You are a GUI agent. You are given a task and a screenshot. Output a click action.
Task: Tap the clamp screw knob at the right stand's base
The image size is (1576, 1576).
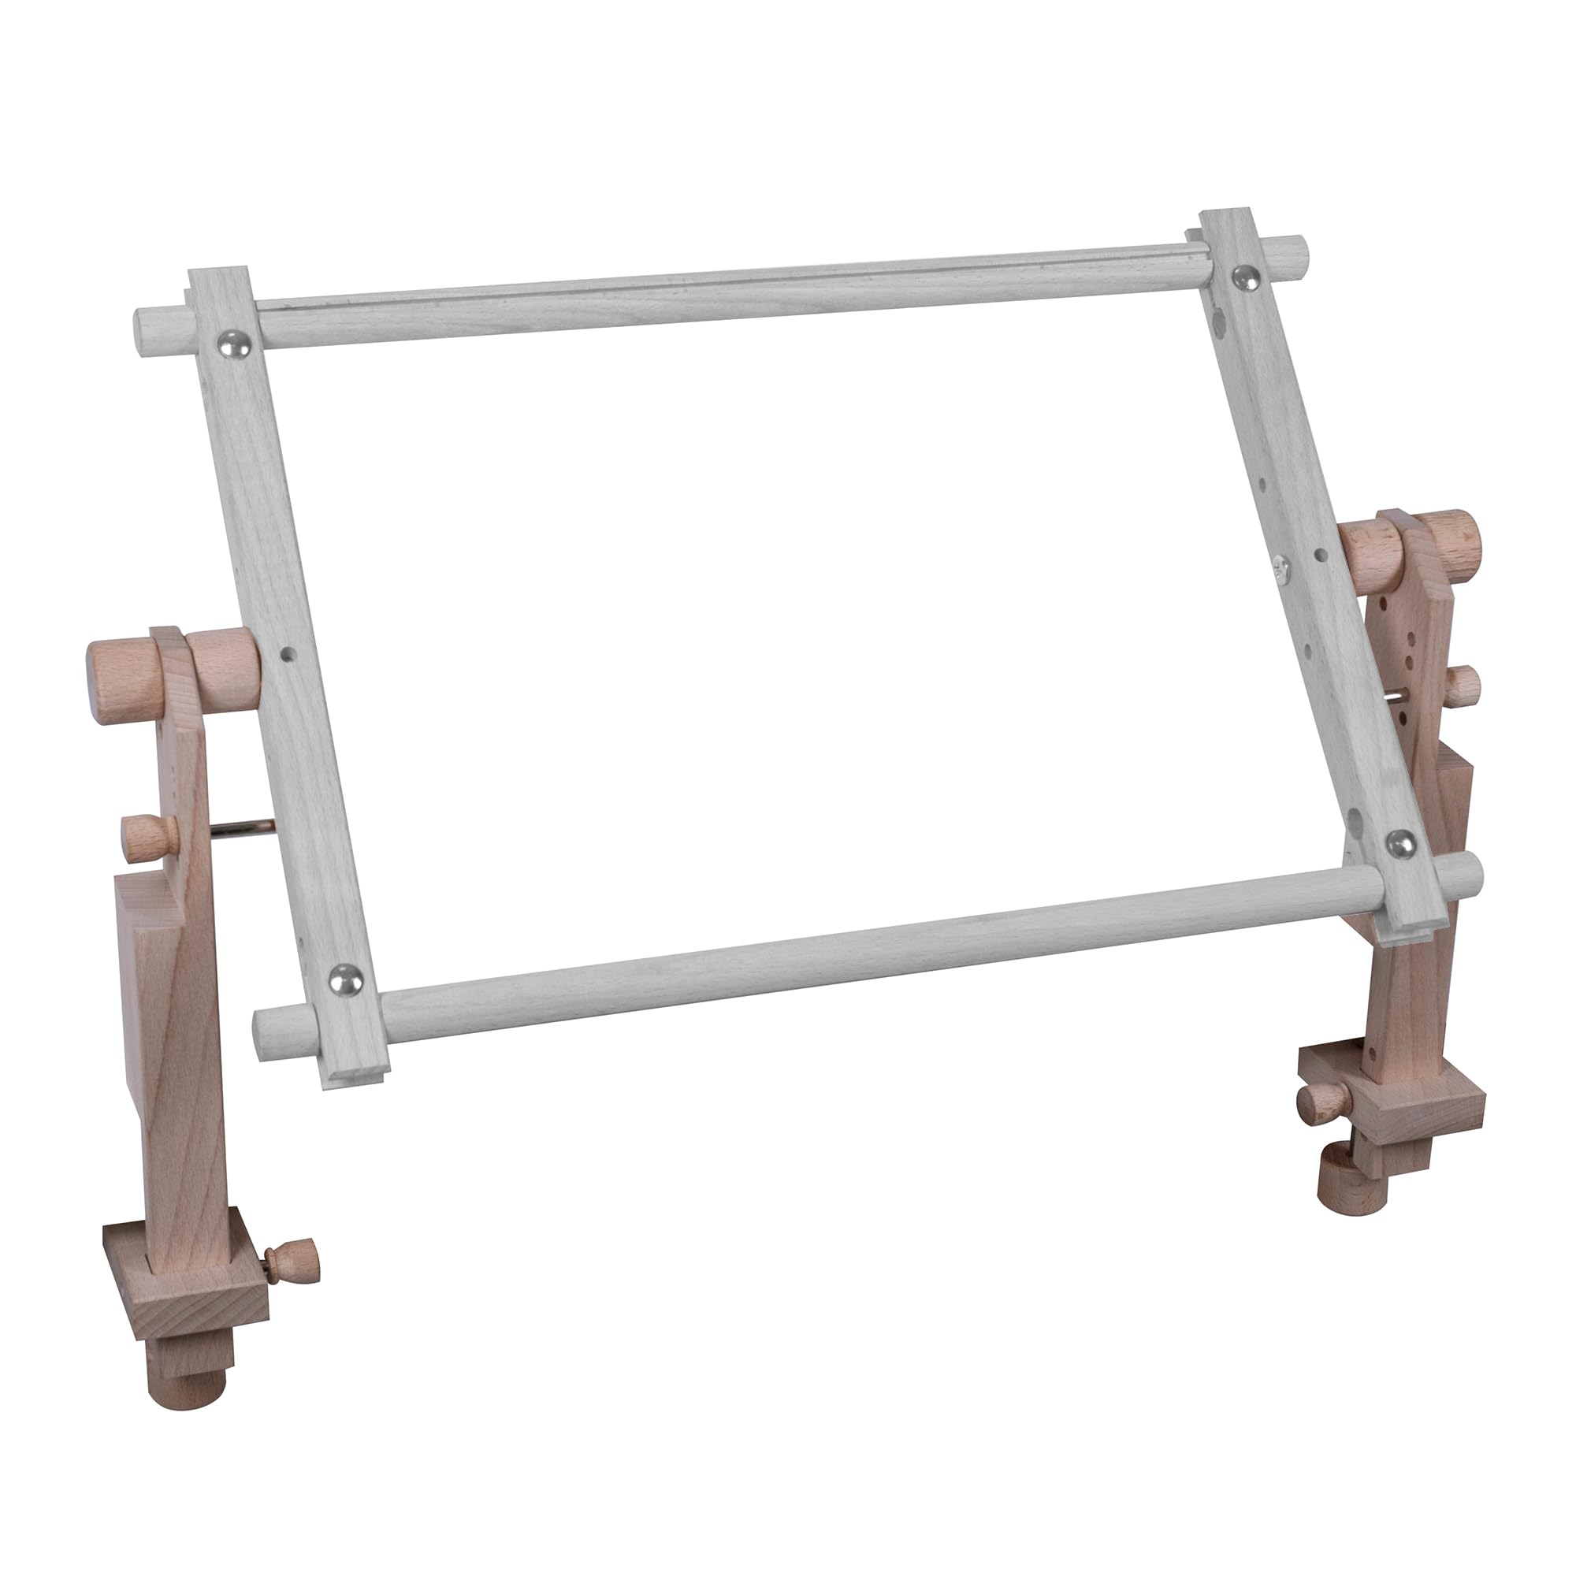(x=1322, y=1100)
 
